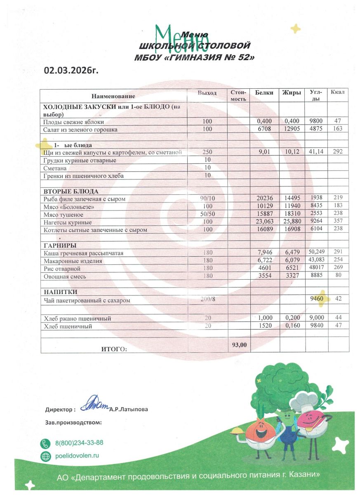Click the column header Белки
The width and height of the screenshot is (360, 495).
point(264,93)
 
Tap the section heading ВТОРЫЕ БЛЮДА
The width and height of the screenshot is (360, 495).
point(71,191)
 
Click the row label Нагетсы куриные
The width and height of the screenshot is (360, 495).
point(68,222)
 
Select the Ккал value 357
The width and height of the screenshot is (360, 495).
point(338,222)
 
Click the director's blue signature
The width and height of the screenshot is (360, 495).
point(94,406)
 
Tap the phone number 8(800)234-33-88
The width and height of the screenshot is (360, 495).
point(79,443)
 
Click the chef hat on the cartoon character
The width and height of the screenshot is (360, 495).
point(304,401)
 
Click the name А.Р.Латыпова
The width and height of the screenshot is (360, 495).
point(129,410)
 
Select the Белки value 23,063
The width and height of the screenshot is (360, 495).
point(264,222)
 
